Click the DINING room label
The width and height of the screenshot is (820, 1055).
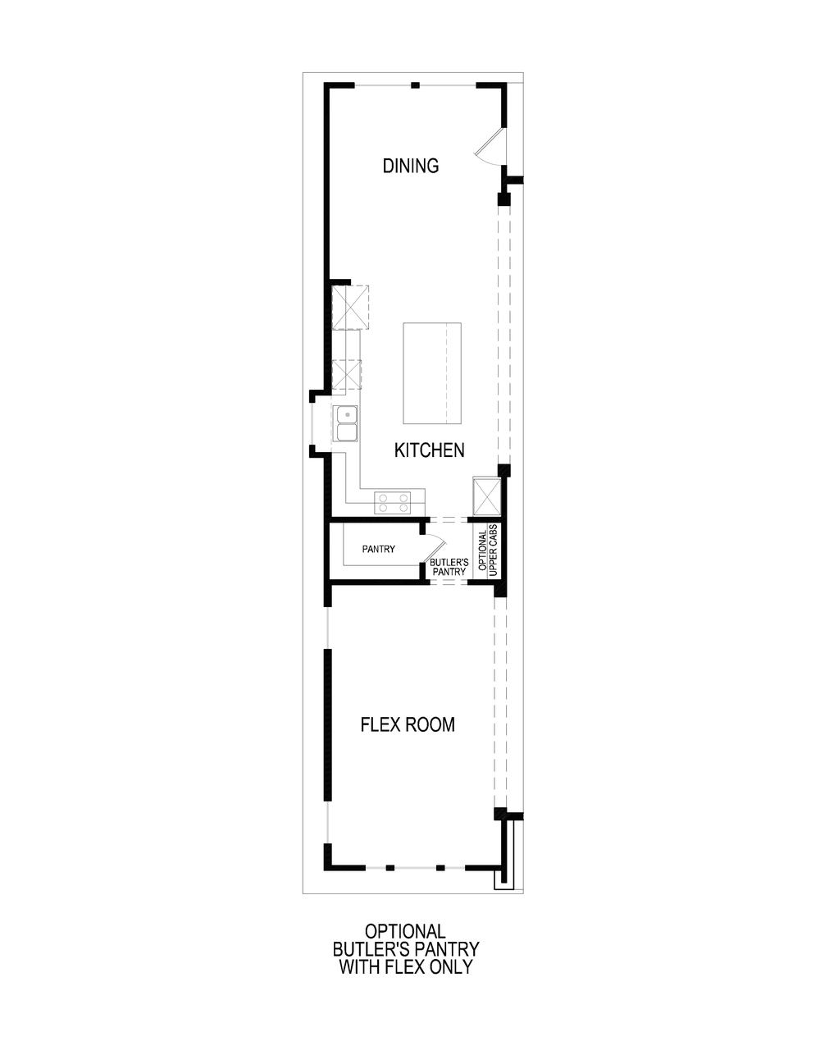[411, 166]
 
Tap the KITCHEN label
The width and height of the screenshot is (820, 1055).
[429, 450]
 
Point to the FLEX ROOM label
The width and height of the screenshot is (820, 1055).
[408, 724]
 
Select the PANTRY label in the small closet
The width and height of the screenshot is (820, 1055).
[379, 549]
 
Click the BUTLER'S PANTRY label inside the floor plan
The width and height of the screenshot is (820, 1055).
[448, 567]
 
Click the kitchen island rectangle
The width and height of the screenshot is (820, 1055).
[431, 372]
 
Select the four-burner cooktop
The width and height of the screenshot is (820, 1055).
[393, 502]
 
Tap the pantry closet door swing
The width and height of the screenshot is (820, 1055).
[435, 546]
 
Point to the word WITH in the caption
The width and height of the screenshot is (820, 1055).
[358, 967]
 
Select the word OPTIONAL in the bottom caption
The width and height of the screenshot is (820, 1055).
[405, 932]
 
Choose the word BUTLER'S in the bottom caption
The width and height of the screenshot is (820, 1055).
[369, 949]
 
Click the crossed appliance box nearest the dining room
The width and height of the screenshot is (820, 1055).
[349, 307]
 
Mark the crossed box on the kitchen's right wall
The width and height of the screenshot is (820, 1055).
[486, 495]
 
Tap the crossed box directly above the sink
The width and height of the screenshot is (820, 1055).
[347, 374]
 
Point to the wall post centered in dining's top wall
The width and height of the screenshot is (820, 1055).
[415, 84]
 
